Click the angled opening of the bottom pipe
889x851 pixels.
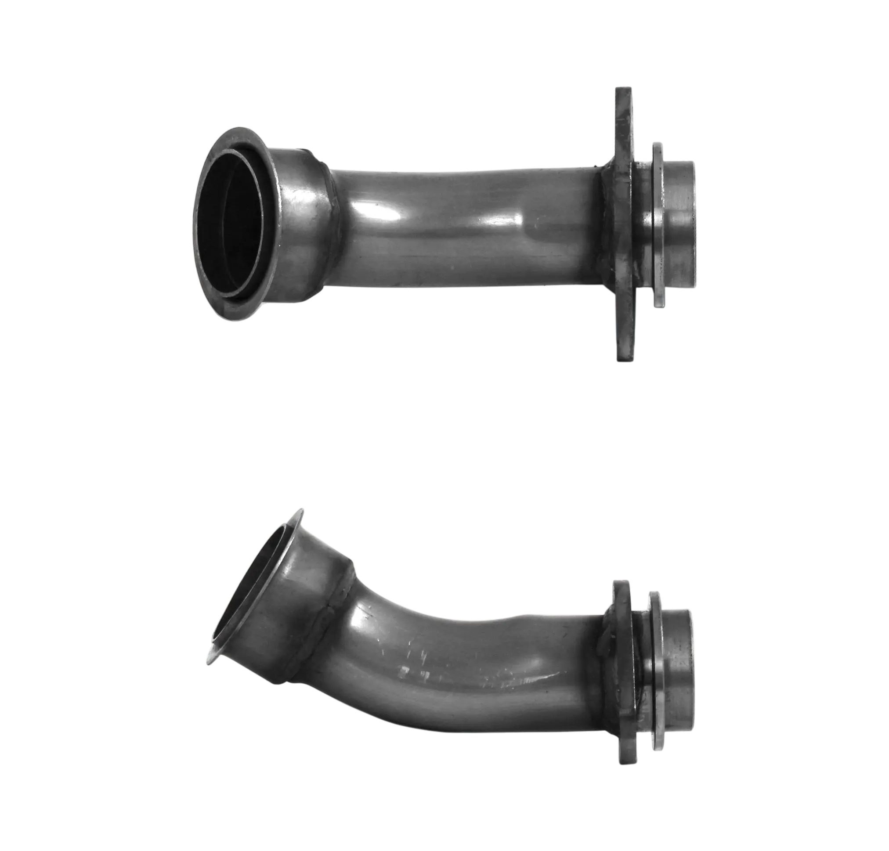(247, 585)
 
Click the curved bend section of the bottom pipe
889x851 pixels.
(386, 644)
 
